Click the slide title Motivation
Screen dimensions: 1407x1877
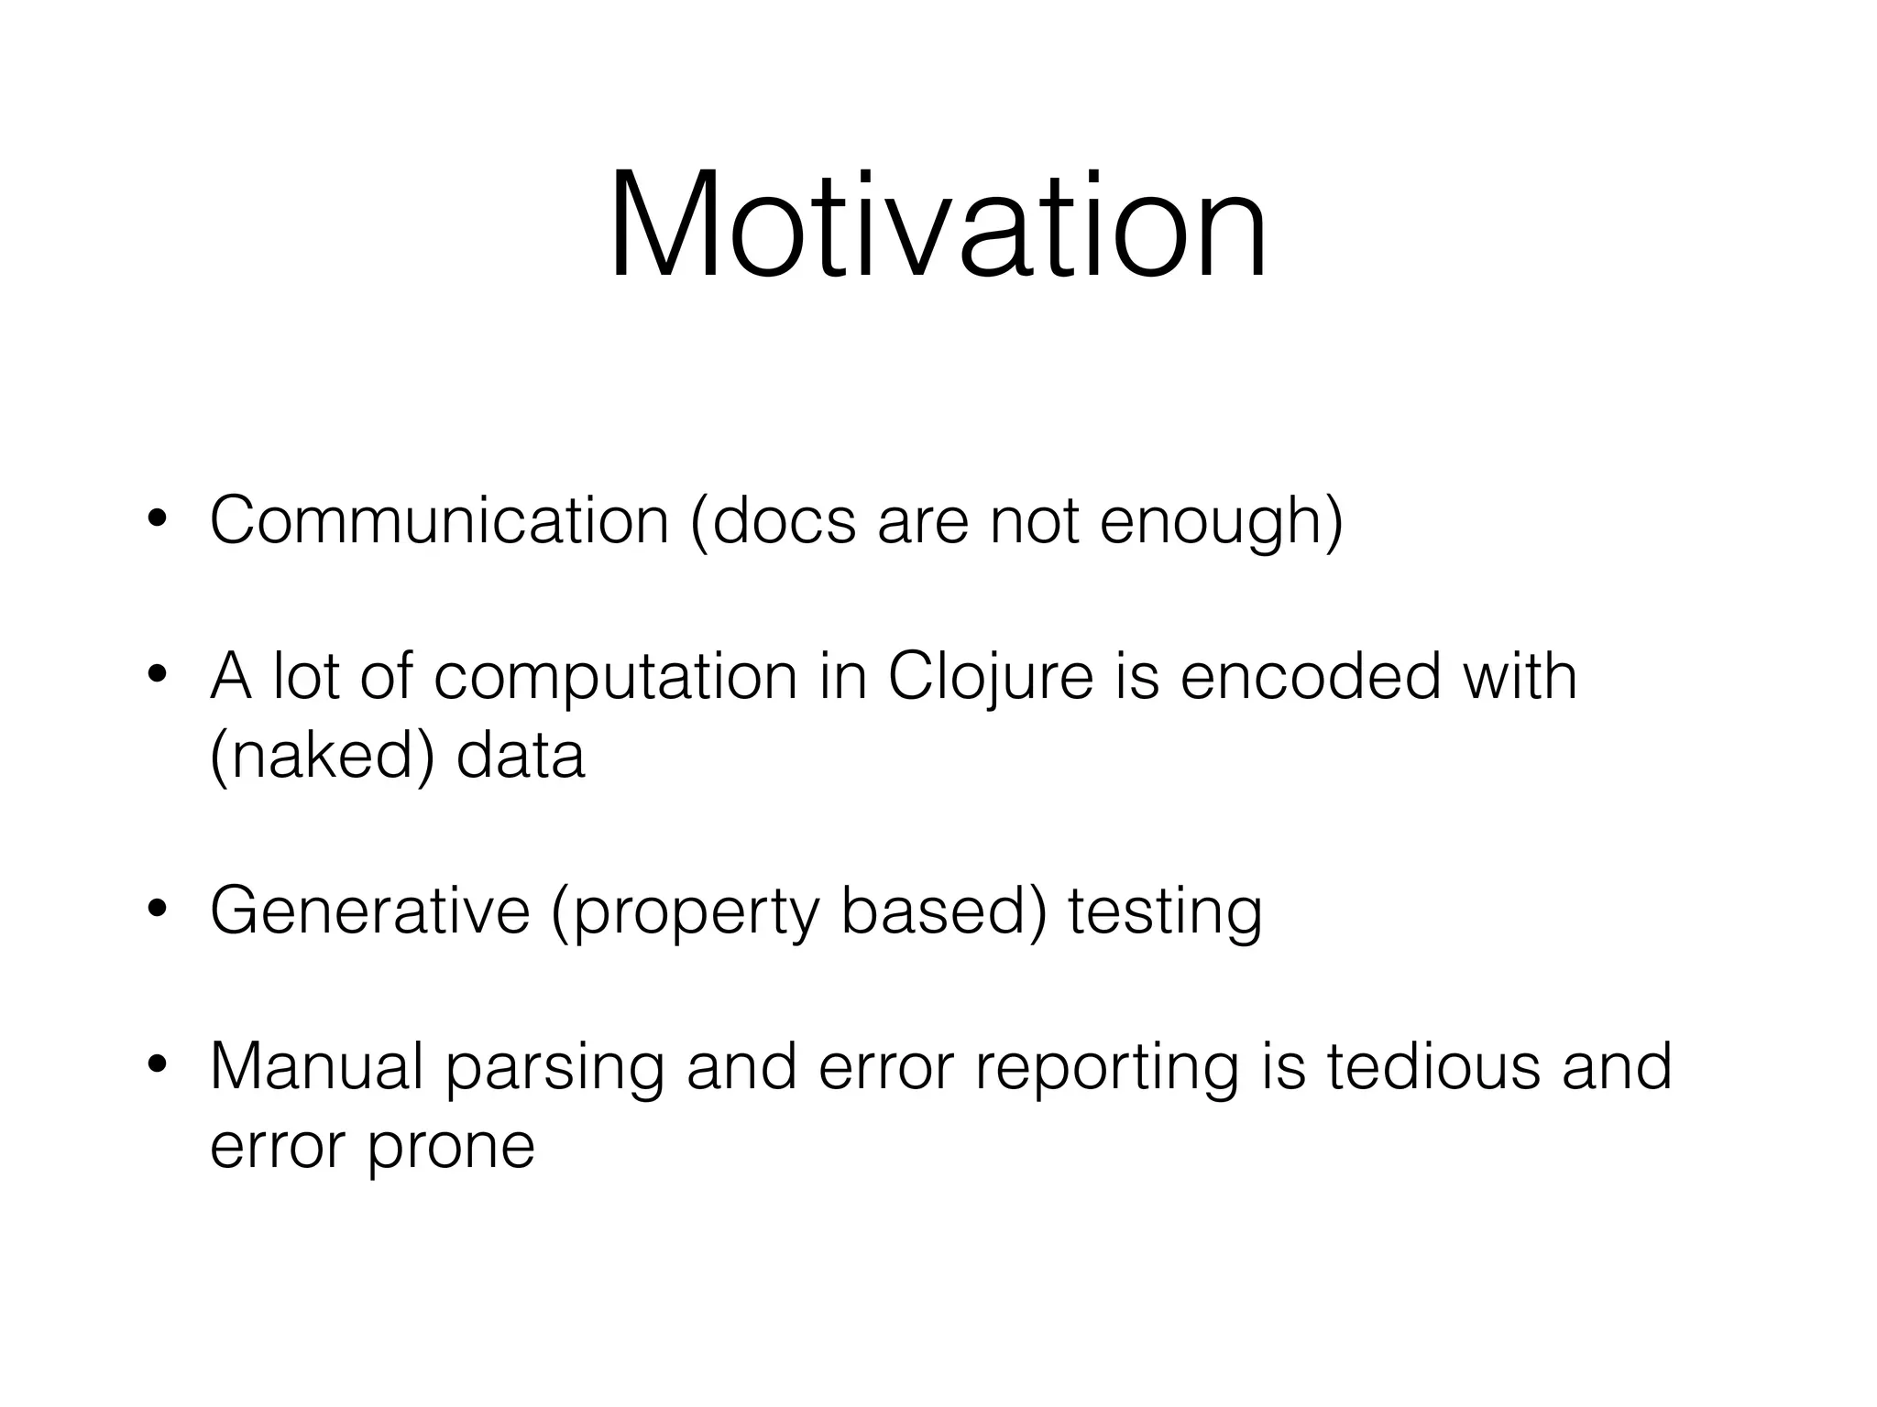tap(938, 224)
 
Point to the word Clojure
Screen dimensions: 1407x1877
tap(991, 678)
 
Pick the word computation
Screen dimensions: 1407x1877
tap(615, 678)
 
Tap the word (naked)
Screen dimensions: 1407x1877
tap(322, 757)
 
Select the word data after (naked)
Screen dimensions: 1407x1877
tap(521, 756)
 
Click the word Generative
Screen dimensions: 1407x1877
tap(370, 911)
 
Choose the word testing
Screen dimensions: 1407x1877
tap(1165, 912)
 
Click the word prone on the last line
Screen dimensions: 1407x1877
tap(451, 1147)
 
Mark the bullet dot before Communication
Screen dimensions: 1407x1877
tap(157, 520)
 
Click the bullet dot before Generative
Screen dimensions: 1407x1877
tap(157, 911)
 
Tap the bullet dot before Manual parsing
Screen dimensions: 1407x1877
tap(157, 1066)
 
